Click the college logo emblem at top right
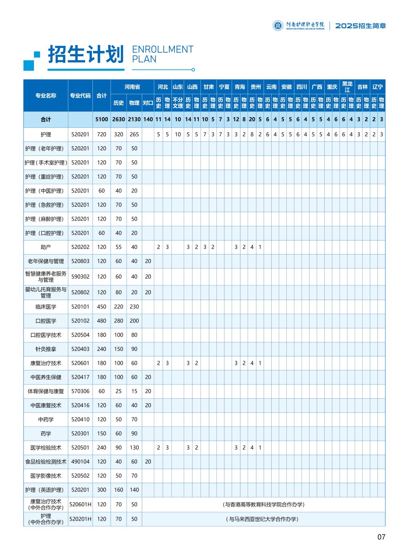pos(278,26)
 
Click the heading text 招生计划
pos(85,54)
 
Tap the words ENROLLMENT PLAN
pos(162,54)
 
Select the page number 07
pos(381,537)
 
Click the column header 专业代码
pos(80,96)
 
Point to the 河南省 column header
pos(132,87)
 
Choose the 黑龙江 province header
pos(347,87)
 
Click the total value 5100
pos(102,119)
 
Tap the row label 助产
pos(46,247)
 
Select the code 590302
pos(80,277)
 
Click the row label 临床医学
pos(46,307)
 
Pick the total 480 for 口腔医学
pos(102,321)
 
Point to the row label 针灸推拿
pos(46,349)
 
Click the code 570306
pos(80,391)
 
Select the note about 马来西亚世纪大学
pos(264,519)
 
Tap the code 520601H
pos(80,504)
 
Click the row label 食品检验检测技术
pos(46,462)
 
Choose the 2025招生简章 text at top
pos(360,26)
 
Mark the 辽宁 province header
pos(377,87)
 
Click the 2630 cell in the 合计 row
pos(119,119)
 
